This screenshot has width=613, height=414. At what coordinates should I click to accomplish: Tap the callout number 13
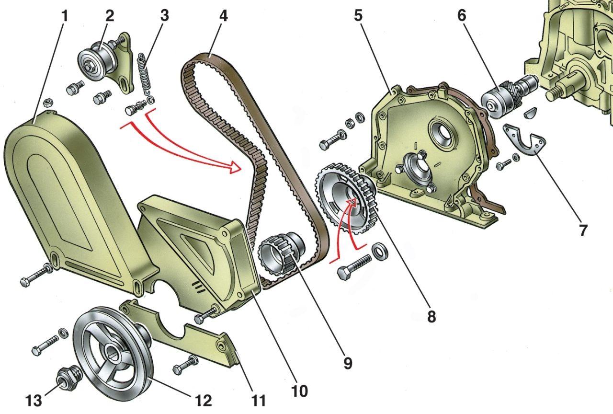click(x=34, y=401)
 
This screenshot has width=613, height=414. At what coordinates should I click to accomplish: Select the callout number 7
click(x=583, y=230)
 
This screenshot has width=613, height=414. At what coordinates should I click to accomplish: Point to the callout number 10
click(x=300, y=391)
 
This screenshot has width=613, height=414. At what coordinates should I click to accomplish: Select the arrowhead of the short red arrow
click(x=352, y=203)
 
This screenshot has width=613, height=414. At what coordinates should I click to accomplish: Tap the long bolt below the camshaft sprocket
click(x=354, y=267)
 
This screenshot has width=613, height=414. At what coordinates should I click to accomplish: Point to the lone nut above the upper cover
click(x=49, y=103)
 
